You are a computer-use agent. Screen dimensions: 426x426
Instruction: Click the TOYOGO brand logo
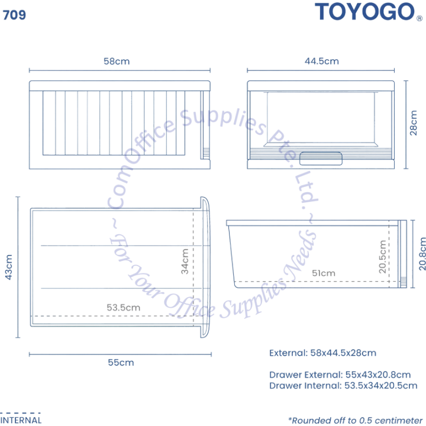pos(364,12)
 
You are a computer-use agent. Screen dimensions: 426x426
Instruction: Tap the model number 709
pos(14,15)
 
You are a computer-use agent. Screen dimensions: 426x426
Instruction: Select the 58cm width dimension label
pos(117,61)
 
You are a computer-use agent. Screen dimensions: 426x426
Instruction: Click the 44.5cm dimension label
pos(322,61)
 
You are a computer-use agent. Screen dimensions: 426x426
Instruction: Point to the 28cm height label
pos(413,123)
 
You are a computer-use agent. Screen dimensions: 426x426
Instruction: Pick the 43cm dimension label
pos(9,267)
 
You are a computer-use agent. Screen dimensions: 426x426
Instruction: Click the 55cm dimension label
pos(121,363)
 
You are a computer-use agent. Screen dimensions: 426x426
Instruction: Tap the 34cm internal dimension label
pos(185,262)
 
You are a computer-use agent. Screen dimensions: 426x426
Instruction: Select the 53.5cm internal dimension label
pos(123,308)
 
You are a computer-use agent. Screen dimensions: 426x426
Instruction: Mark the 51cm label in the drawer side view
pos(324,273)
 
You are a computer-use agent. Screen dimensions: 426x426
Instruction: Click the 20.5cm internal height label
pos(382,257)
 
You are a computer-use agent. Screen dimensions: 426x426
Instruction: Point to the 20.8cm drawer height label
pos(422,254)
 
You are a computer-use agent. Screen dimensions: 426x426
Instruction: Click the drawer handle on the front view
pos(321,159)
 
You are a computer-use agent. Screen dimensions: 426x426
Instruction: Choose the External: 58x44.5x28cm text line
pos(323,353)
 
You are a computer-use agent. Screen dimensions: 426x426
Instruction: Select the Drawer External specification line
pos(340,375)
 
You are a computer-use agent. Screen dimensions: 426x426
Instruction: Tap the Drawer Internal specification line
pos(343,386)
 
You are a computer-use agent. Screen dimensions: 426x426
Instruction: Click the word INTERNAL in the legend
pos(21,420)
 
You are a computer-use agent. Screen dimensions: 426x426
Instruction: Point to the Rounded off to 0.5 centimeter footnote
pos(356,420)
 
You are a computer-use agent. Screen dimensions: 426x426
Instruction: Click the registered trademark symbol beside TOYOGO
pos(419,18)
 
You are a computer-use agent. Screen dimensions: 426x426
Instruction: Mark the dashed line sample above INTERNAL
pos(20,413)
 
